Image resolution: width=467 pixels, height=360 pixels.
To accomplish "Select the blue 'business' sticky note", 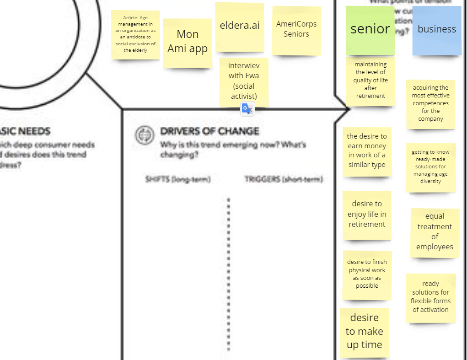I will pos(437,30).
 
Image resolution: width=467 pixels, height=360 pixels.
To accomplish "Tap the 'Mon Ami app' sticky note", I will pos(188,42).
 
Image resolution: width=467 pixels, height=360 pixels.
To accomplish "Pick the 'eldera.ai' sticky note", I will pos(239,27).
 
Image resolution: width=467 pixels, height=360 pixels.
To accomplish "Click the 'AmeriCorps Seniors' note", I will pos(296,30).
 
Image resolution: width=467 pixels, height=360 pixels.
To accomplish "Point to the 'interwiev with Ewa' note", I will pos(243,81).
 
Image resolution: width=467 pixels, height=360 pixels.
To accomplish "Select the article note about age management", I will pos(135,34).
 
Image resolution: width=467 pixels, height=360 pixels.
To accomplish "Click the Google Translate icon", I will pos(247,109).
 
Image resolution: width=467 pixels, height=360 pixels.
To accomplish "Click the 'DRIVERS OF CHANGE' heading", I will pos(209,131).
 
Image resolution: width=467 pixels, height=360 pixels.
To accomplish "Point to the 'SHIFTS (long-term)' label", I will pos(178,179).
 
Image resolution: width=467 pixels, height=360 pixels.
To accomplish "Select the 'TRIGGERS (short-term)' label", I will pos(284,179).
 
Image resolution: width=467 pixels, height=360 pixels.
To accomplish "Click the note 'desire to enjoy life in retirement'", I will pos(367,215).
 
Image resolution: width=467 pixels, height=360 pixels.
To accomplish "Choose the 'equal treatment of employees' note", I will pos(435,232).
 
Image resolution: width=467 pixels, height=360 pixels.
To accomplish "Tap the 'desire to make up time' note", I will pos(364,332).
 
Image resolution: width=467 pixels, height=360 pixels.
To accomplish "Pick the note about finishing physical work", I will pos(367,274).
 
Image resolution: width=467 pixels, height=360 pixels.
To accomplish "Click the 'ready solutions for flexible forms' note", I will pos(430,297).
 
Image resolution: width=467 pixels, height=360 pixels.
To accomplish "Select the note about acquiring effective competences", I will pos(430,104).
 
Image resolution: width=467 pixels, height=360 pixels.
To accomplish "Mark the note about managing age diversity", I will pos(430,167).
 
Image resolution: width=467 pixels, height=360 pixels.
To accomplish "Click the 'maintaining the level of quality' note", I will pos(370,81).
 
